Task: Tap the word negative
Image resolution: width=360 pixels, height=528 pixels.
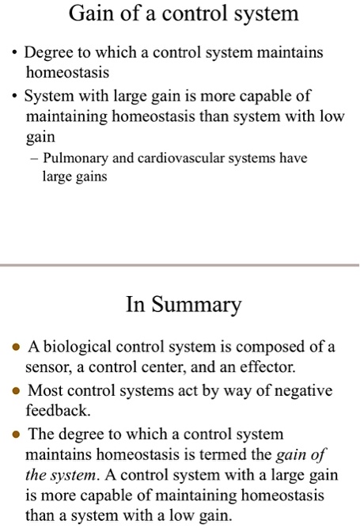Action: tap(296, 390)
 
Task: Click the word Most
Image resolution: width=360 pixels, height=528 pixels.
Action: tap(44, 390)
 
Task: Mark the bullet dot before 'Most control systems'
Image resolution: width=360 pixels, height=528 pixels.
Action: tap(16, 391)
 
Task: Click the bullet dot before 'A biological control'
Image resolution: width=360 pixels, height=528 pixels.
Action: tap(16, 348)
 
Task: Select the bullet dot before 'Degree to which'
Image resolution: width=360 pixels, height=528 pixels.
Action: tap(15, 53)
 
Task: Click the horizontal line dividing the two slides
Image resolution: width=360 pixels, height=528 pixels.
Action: tap(180, 265)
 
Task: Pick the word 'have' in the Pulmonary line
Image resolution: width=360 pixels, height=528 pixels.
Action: tap(292, 158)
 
